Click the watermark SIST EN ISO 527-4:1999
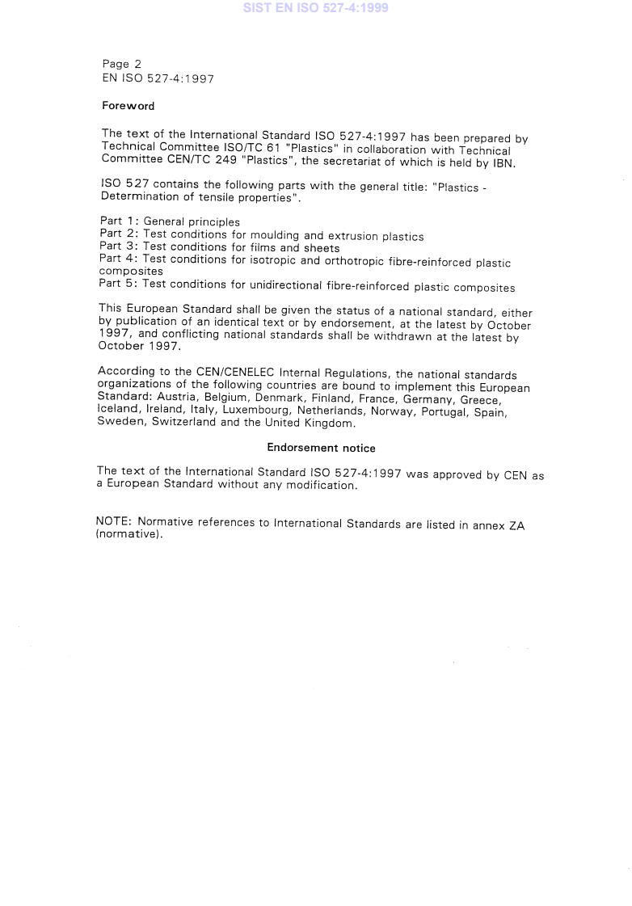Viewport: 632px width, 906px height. click(x=315, y=8)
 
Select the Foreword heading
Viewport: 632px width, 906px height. click(x=128, y=106)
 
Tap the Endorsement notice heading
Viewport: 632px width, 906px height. click(x=321, y=448)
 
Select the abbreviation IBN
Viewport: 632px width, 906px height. click(x=503, y=163)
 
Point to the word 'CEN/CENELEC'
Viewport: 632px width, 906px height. click(x=235, y=373)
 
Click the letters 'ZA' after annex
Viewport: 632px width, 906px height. click(x=516, y=526)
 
